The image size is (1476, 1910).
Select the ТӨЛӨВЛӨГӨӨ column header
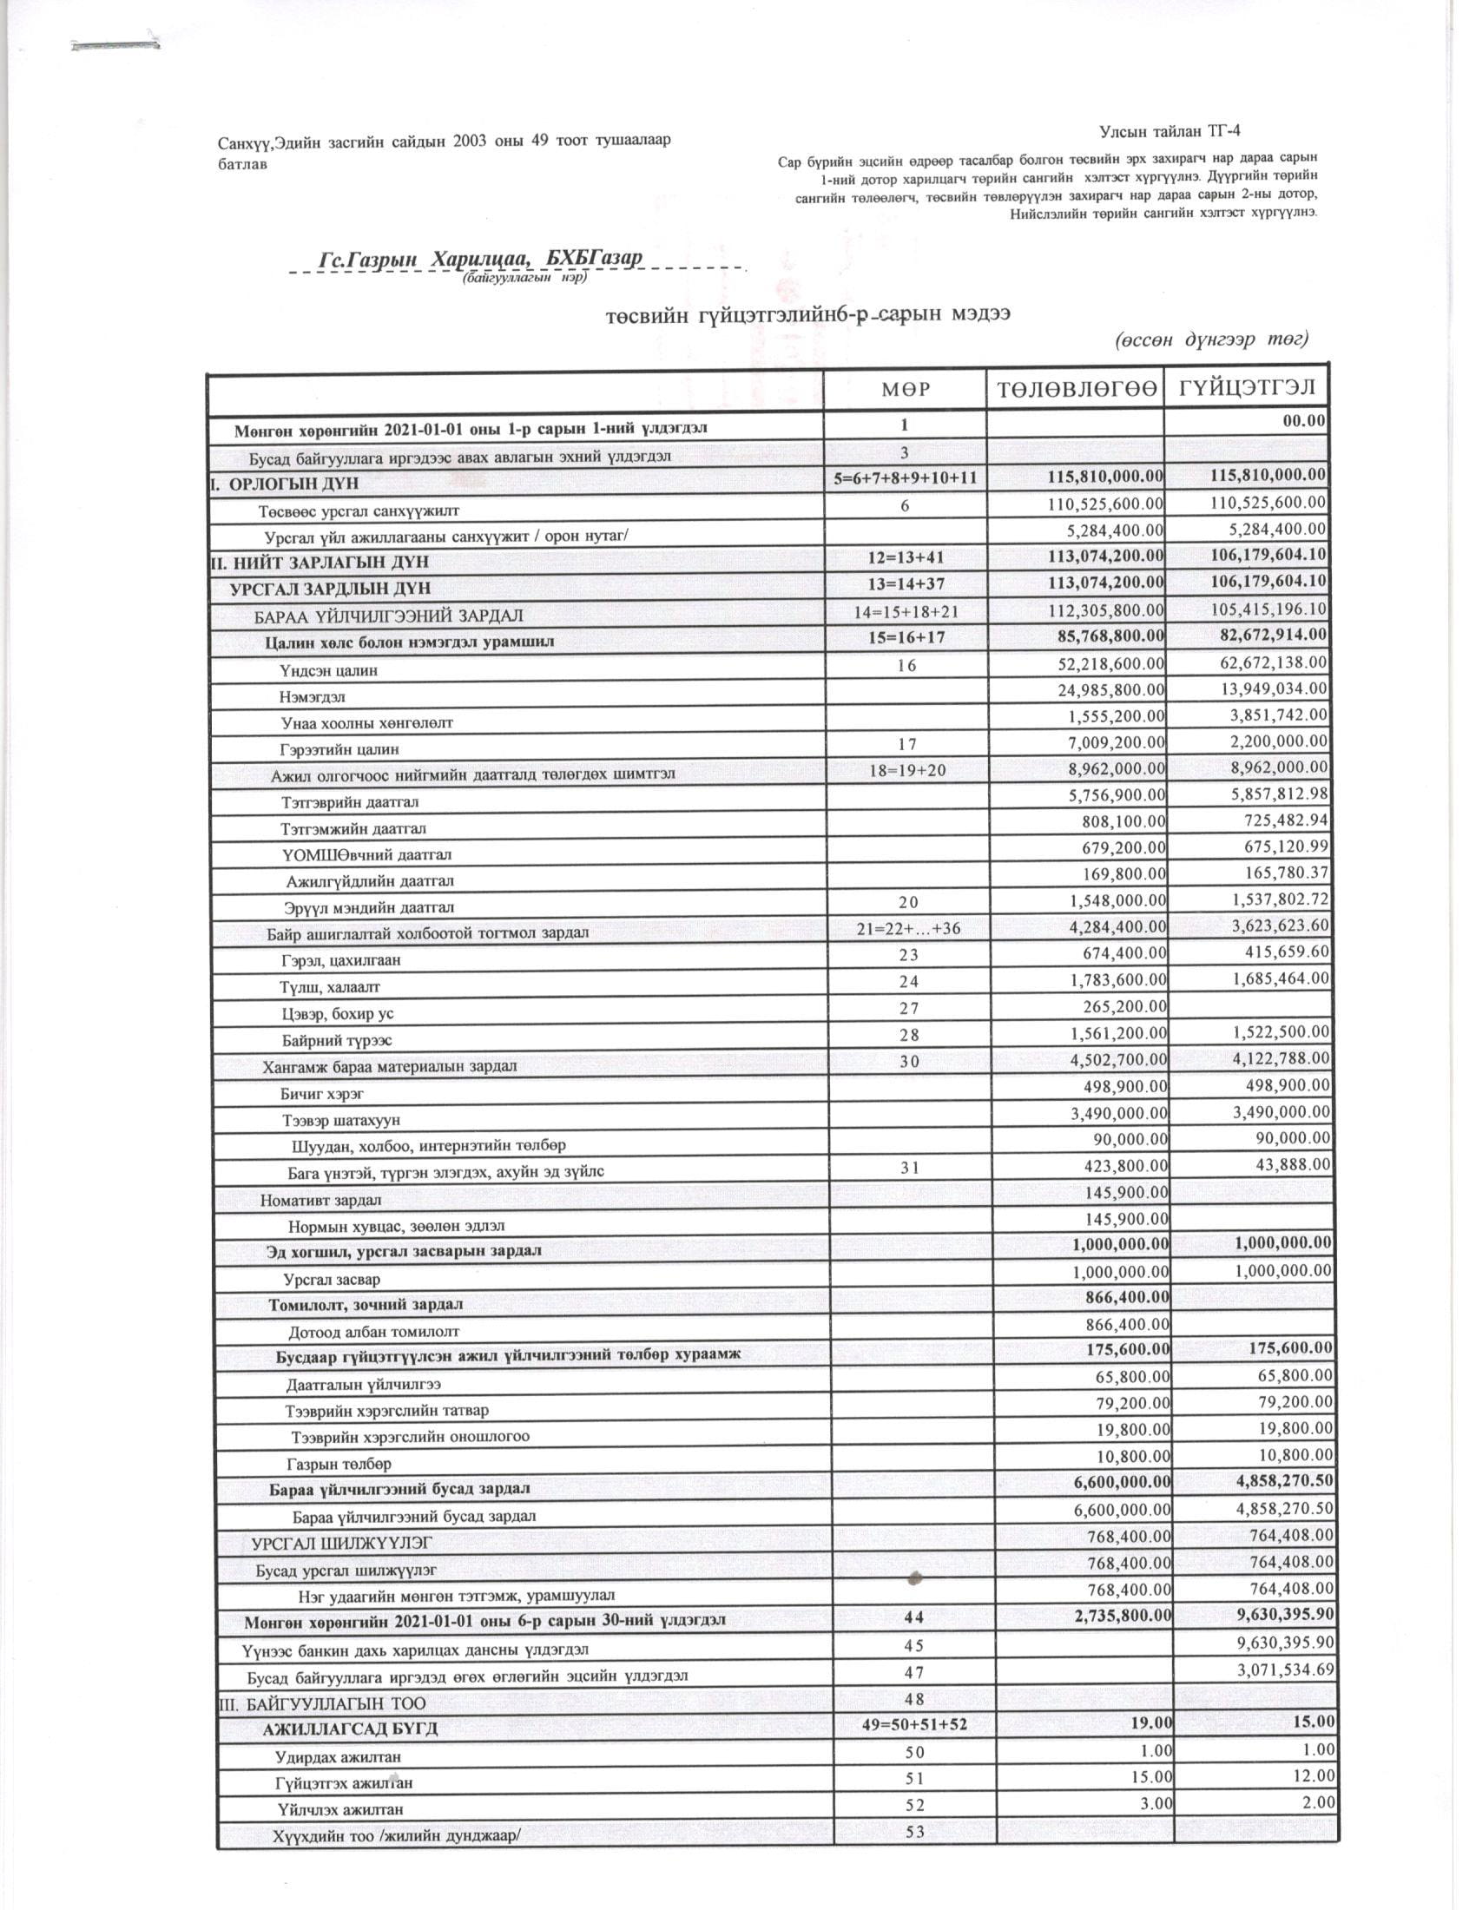click(x=1075, y=389)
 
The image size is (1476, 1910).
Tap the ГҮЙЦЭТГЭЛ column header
click(x=1246, y=387)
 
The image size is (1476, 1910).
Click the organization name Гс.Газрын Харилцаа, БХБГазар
click(x=480, y=259)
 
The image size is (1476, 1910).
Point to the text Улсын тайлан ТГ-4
click(x=1170, y=131)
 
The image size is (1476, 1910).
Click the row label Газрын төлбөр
click(x=339, y=1464)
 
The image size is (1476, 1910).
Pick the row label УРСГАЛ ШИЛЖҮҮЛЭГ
click(x=342, y=1543)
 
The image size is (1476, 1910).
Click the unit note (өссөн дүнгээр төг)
click(x=1210, y=339)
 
